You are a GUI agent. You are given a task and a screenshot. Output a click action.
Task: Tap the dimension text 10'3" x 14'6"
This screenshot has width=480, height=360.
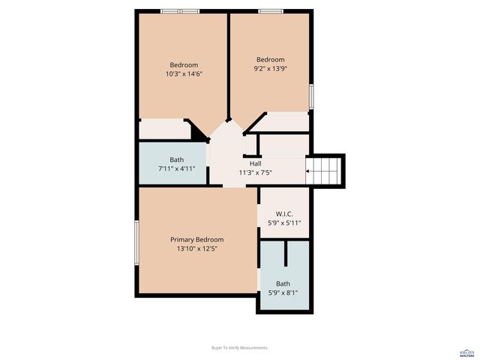(x=184, y=74)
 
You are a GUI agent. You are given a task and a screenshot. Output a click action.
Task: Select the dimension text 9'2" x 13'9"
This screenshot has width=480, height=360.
(x=271, y=69)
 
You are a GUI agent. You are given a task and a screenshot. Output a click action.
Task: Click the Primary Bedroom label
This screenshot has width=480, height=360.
(x=196, y=240)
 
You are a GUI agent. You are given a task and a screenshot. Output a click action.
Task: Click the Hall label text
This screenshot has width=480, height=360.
(x=255, y=163)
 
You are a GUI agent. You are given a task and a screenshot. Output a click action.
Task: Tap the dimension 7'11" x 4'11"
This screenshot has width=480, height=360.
(x=176, y=169)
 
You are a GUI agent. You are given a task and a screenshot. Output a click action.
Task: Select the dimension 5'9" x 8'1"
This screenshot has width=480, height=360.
(x=283, y=292)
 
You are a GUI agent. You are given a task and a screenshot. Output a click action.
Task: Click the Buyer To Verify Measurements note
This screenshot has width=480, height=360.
(x=240, y=348)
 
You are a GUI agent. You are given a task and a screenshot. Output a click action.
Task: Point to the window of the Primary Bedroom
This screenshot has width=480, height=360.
(x=136, y=241)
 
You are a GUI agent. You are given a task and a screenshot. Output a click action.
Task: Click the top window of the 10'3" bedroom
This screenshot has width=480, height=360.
(x=180, y=11)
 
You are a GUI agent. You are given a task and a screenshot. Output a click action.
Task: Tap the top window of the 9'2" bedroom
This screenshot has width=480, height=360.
(x=270, y=11)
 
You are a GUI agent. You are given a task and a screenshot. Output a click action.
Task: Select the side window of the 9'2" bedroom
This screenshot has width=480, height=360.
(x=311, y=97)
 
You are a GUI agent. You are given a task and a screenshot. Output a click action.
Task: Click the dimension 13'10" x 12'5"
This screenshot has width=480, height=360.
(x=196, y=249)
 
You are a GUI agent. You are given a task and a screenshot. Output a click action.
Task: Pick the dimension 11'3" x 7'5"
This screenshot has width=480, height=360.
(x=255, y=172)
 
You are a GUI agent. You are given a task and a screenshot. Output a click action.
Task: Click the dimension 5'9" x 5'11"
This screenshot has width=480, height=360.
(x=284, y=223)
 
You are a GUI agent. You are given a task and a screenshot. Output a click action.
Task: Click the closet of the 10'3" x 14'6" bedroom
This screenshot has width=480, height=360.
(x=163, y=129)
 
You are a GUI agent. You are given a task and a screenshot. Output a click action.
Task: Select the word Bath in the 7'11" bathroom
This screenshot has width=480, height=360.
(x=176, y=160)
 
